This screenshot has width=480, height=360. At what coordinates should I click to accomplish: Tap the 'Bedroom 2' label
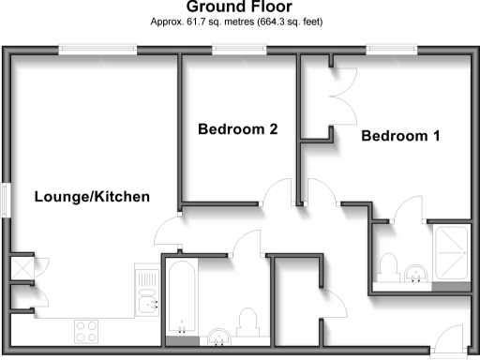(237, 129)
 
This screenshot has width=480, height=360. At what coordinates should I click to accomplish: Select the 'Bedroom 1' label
(400, 136)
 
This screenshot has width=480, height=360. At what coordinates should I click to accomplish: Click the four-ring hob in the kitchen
(87, 331)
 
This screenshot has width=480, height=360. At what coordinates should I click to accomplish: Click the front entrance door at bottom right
(449, 337)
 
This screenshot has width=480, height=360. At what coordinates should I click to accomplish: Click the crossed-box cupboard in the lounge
(19, 267)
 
